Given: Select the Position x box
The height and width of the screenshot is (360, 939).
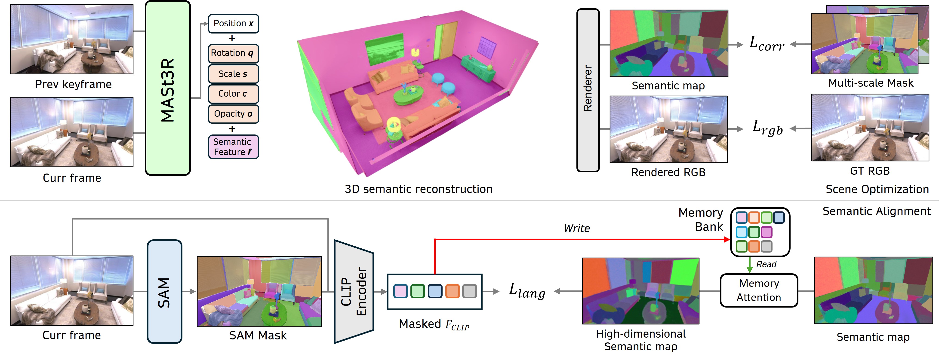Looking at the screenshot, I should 233,24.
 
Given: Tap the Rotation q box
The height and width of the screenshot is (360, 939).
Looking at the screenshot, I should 233,54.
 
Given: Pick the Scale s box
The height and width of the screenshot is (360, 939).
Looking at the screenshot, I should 233,74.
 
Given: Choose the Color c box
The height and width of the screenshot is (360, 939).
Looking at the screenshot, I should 233,94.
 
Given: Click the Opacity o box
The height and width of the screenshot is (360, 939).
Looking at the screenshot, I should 233,114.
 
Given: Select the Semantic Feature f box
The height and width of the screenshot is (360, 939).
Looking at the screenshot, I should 233,147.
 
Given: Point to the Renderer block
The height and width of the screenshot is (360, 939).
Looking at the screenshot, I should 588,90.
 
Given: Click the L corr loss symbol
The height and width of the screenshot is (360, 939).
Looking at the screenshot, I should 767,44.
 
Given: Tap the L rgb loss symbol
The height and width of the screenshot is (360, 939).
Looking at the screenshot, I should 767,128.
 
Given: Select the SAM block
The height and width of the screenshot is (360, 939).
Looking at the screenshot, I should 164,292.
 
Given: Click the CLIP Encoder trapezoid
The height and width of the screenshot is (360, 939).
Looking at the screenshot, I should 354,292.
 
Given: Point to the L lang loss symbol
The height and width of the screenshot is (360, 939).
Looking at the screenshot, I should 527,291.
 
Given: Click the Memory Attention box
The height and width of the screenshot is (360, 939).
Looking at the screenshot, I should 759,290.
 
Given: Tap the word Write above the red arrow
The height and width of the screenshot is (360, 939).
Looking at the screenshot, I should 577,229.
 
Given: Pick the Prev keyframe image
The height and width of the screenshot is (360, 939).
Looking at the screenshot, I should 72,39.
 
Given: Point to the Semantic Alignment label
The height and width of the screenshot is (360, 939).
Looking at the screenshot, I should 876,211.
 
